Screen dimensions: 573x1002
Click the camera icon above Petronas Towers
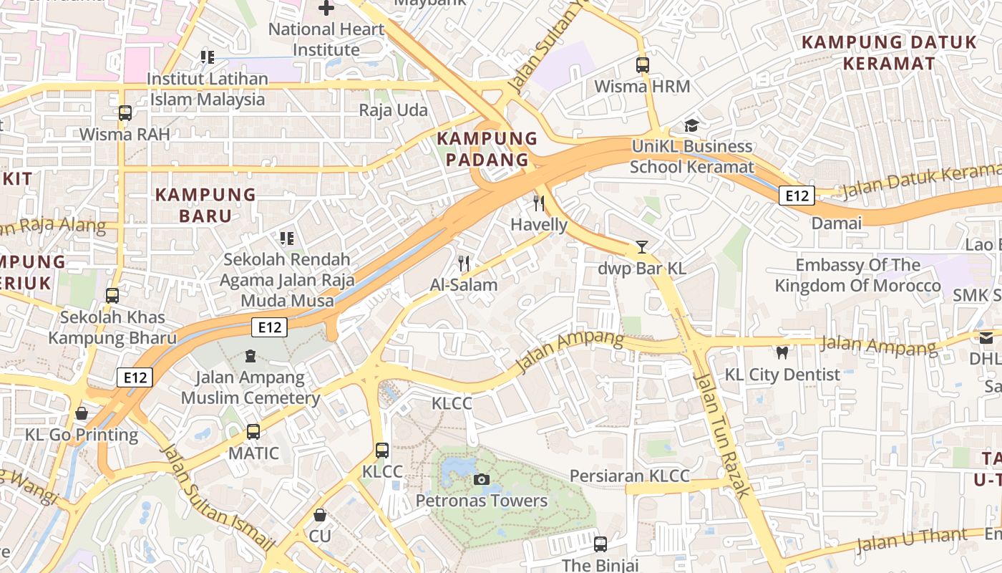coord(482,479)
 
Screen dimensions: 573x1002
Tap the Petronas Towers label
coord(482,501)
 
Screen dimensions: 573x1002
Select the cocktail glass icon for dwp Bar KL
coord(642,247)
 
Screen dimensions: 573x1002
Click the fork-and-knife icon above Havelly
coord(539,203)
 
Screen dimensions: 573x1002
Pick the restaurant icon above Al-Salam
coord(464,264)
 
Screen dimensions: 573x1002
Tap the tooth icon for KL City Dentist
coord(782,352)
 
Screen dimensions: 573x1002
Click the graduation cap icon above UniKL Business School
coord(691,126)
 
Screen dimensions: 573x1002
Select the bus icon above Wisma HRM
coord(642,65)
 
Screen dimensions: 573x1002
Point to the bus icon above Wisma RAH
coord(125,113)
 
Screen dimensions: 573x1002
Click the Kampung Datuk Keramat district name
coord(889,52)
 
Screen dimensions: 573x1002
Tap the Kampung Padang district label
coord(487,149)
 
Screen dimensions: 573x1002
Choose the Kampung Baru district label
coord(205,205)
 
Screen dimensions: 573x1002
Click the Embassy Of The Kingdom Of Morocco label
coord(857,276)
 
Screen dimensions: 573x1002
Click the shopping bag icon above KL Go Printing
coord(82,413)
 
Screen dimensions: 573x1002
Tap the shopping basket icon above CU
coord(320,515)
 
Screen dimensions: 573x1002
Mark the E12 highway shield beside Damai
coord(797,196)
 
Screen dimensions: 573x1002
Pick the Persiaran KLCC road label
coord(629,476)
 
